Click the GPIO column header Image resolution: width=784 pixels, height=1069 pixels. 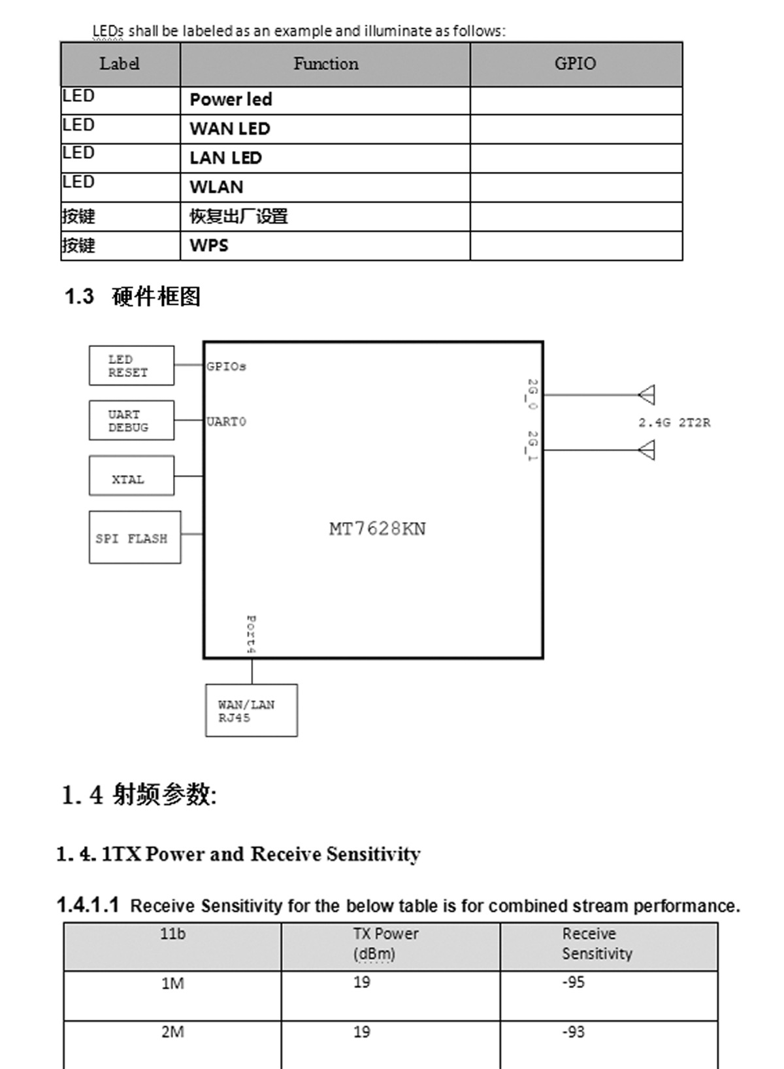(575, 63)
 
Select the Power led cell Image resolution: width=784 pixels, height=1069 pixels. (231, 100)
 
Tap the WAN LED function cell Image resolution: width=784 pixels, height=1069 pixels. (230, 129)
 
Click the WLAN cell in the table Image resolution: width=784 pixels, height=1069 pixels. (216, 187)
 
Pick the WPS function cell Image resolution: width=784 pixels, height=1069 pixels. (209, 246)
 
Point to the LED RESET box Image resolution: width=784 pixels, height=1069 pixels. (131, 366)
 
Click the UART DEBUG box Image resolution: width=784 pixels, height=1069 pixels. (131, 421)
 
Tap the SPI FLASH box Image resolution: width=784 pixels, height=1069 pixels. (135, 538)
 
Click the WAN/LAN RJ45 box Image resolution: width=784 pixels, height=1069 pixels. (251, 711)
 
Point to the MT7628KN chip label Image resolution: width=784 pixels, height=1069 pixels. (377, 529)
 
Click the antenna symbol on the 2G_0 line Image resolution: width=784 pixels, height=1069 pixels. (647, 395)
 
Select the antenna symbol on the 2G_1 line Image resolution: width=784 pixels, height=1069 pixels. (647, 450)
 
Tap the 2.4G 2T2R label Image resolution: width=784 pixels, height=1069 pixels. (674, 423)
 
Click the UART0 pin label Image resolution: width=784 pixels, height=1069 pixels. (226, 422)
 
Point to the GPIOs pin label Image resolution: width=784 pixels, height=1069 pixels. (226, 367)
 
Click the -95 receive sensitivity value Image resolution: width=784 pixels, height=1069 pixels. (573, 983)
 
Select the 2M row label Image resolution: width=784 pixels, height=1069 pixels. (172, 1032)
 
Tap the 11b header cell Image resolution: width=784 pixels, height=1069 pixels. (172, 934)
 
